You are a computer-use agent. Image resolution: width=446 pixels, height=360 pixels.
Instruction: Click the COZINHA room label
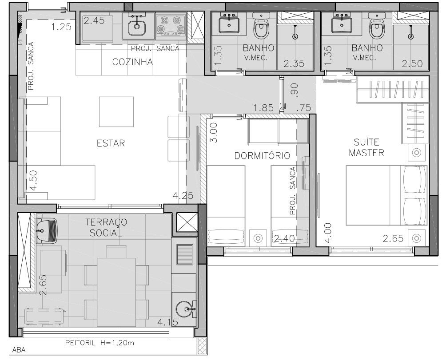[x=132, y=62]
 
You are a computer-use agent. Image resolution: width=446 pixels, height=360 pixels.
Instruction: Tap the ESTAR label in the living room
[x=111, y=143]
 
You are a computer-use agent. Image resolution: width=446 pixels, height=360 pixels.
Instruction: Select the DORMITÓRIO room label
[x=262, y=155]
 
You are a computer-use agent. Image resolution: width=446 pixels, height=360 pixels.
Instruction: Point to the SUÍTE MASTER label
[x=366, y=147]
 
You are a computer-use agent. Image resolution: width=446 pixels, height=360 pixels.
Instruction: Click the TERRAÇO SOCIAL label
[x=106, y=227]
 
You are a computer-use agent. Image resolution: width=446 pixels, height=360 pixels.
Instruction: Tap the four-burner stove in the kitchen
[x=171, y=25]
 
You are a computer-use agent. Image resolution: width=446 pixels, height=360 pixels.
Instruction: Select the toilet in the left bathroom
[x=261, y=26]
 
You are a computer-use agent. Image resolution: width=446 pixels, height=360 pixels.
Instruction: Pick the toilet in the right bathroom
[x=377, y=26]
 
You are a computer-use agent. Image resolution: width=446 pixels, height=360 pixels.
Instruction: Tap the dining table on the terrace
[x=116, y=292]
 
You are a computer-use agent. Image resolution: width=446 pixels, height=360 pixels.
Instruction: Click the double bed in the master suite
[x=386, y=195]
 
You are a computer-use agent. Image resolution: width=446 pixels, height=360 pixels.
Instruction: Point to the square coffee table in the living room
[x=116, y=112]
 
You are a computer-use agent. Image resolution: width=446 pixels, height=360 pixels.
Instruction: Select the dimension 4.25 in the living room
[x=183, y=195]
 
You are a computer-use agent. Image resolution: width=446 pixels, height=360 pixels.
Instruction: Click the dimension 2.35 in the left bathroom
[x=294, y=63]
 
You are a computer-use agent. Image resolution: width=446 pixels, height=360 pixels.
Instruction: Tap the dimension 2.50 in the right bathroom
[x=412, y=63]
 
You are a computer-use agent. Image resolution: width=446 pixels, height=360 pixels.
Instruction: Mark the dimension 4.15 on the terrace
[x=168, y=322]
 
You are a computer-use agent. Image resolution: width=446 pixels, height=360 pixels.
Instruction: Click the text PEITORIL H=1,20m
[x=100, y=343]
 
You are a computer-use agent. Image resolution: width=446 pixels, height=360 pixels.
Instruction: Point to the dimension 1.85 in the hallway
[x=264, y=108]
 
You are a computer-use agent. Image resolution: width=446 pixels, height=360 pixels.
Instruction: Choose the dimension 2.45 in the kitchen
[x=94, y=20]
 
